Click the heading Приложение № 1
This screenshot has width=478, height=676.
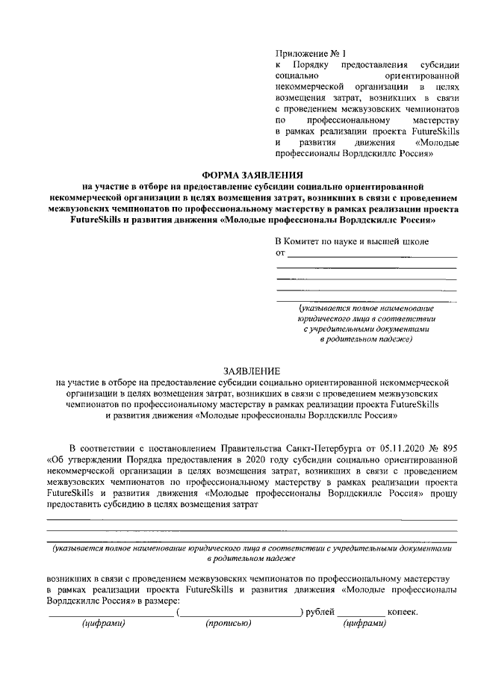pos(307,55)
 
